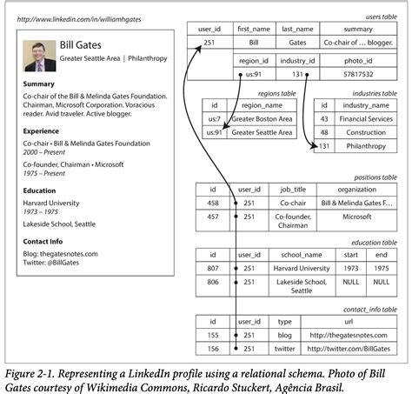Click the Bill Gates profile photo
click(x=39, y=51)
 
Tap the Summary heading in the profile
click(x=40, y=83)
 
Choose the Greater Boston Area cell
click(x=257, y=118)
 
